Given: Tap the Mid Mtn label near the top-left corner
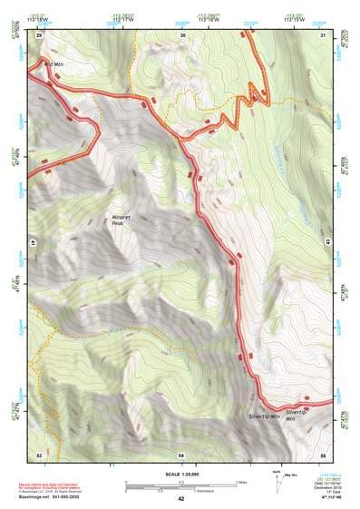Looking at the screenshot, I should point(54,64).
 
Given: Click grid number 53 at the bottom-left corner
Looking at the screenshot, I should point(39,453).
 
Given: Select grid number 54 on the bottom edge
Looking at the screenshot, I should point(181,453).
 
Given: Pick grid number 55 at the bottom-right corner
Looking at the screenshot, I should point(323,453).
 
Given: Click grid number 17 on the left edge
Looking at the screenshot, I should point(29,243).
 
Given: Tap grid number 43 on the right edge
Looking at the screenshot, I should point(330,243).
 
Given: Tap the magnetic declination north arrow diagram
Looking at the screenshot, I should point(276,483).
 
